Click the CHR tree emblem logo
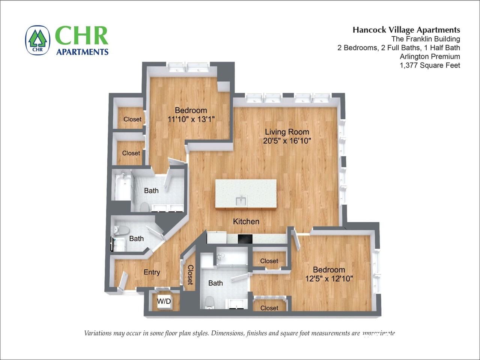point(38,40)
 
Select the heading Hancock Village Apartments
point(406,30)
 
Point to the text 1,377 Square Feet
point(430,65)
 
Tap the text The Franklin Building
point(426,39)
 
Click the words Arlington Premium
point(430,57)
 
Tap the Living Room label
point(287,132)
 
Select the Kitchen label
point(246,222)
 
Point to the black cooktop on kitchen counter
point(245,239)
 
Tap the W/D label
point(164,301)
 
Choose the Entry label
point(152,272)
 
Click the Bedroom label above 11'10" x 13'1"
point(191,110)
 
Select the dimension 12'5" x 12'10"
point(329,279)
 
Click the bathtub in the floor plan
point(122,185)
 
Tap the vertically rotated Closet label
point(190,274)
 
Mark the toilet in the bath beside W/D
point(209,302)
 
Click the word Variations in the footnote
point(98,333)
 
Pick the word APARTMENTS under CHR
point(82,52)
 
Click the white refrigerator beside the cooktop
point(217,238)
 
